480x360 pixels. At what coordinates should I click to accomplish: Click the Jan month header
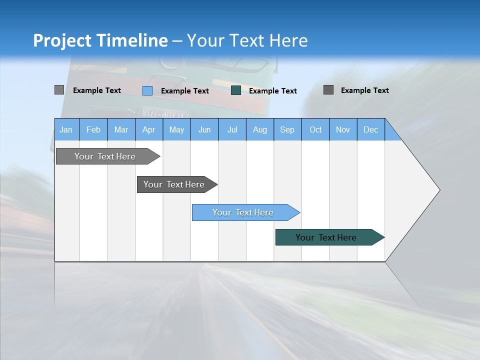[x=66, y=129]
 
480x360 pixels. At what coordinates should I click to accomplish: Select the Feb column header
[x=93, y=129]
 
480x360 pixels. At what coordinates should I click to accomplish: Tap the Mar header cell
[x=121, y=129]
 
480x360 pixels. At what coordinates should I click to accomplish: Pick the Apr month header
[x=149, y=129]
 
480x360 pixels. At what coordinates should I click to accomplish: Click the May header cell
[x=176, y=129]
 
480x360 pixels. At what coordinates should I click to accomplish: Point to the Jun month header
[x=204, y=129]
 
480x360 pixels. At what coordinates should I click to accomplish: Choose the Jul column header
[x=232, y=129]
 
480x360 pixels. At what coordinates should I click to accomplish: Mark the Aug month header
[x=260, y=129]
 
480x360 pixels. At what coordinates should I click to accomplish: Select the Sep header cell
[x=287, y=129]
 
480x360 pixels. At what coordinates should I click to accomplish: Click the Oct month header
[x=315, y=129]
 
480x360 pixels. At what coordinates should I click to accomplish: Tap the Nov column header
[x=343, y=129]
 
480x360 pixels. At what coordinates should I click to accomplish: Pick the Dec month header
[x=371, y=129]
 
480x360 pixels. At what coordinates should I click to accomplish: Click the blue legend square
[x=147, y=90]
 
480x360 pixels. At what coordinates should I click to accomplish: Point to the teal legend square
[x=236, y=90]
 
